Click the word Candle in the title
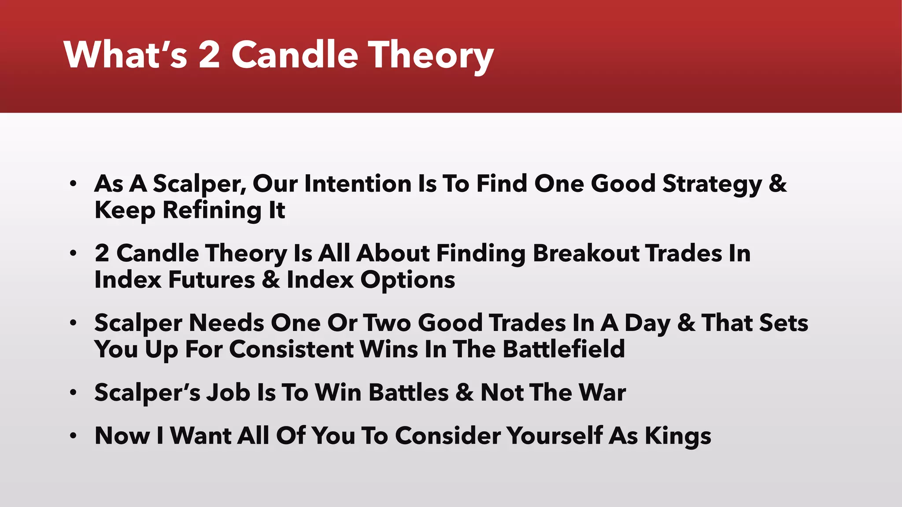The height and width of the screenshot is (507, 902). (295, 55)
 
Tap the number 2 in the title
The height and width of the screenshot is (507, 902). (209, 55)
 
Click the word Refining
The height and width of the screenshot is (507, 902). (212, 210)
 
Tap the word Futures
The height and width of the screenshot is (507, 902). (211, 280)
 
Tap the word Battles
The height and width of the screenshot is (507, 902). (408, 393)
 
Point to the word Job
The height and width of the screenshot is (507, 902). (229, 393)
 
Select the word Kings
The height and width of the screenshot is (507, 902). (678, 436)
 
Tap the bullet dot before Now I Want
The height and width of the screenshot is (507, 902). (73, 436)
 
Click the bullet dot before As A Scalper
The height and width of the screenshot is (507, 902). (73, 184)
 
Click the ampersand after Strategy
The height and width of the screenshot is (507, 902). (777, 184)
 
